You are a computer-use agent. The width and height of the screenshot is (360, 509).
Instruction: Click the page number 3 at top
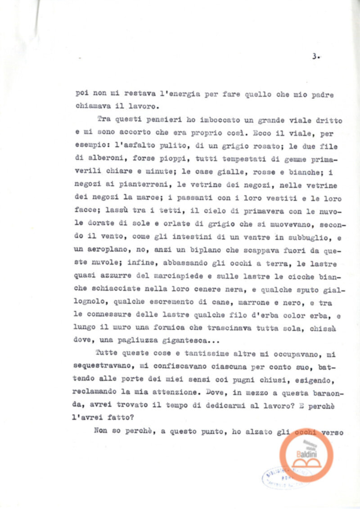pos(315,57)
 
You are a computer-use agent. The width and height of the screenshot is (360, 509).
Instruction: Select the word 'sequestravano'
pos(105,367)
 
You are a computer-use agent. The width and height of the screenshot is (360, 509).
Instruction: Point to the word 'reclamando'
pos(99,393)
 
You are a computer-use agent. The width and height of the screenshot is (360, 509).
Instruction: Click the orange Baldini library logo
pos(306,454)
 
